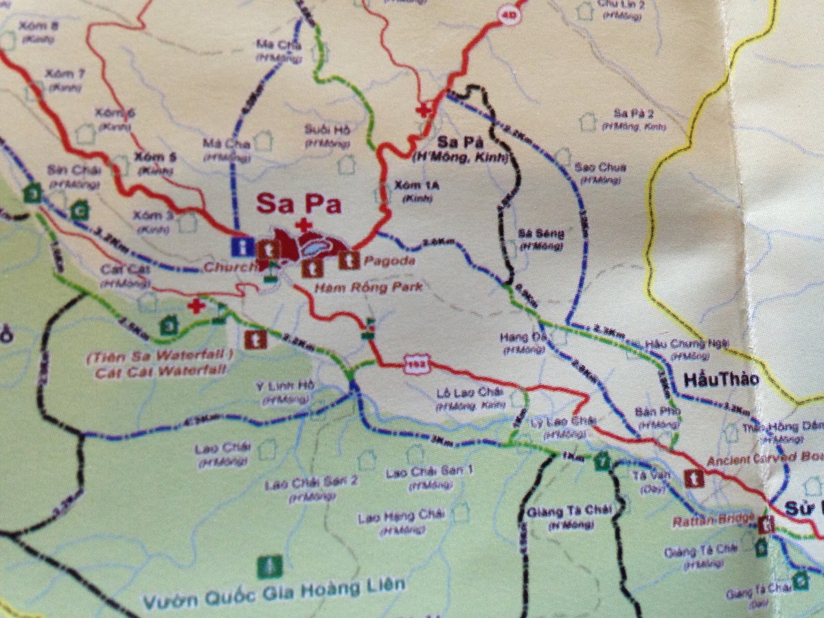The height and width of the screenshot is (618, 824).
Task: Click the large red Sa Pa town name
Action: tap(299, 203)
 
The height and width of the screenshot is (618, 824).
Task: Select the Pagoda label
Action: tap(389, 261)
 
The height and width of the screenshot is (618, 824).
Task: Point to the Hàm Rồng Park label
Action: tap(369, 286)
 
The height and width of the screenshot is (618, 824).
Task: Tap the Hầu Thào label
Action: tap(721, 380)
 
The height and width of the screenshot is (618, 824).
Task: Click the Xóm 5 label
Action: tap(155, 157)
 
